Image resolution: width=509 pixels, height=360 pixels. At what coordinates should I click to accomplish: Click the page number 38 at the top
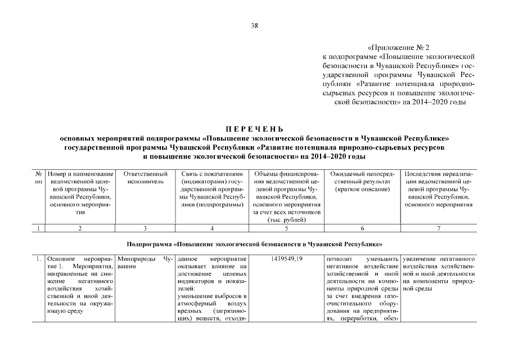tap(254, 25)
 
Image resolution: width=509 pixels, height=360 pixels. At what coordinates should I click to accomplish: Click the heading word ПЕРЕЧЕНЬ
tap(254, 129)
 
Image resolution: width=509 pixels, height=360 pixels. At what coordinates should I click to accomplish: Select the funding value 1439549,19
tap(287, 258)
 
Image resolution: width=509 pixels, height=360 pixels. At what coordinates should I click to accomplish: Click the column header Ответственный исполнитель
tap(145, 178)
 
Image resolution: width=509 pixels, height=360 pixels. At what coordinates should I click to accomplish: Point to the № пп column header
tap(38, 178)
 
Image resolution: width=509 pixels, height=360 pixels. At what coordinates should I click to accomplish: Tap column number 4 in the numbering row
tap(212, 228)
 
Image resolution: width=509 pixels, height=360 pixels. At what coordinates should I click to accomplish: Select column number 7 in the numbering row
tap(439, 228)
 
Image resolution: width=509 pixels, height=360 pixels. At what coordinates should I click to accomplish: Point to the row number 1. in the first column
tap(37, 258)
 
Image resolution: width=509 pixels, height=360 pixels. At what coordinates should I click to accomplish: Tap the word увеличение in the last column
tap(420, 258)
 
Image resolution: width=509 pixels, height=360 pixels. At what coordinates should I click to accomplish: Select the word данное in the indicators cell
tap(187, 258)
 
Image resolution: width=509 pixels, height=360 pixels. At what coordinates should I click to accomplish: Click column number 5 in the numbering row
tap(287, 228)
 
